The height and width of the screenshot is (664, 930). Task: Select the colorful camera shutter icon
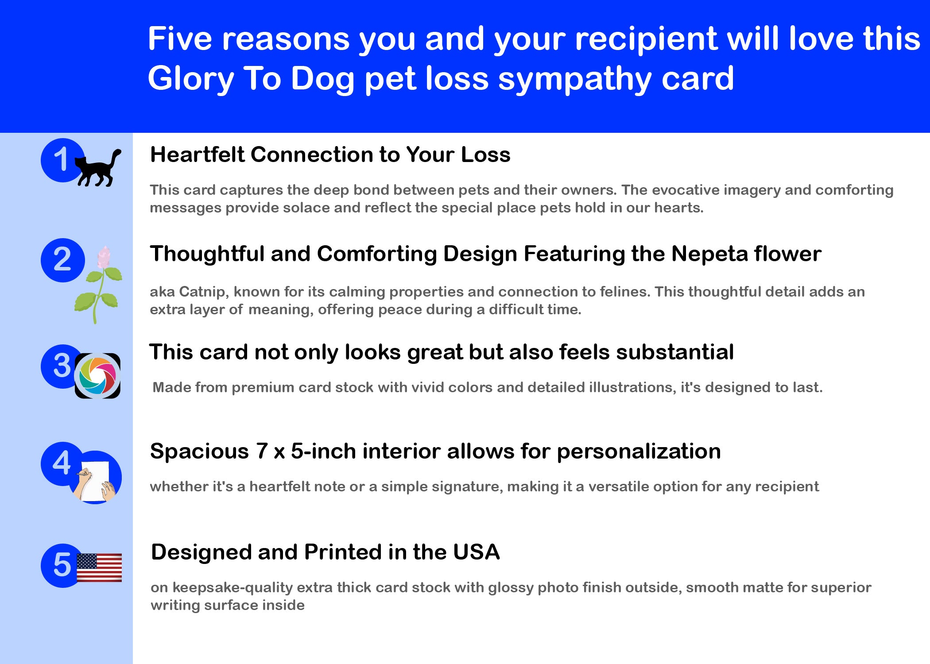(97, 376)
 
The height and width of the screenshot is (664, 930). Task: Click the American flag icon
(99, 567)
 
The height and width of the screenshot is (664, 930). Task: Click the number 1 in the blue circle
(61, 159)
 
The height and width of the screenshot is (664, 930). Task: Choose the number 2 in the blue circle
(62, 259)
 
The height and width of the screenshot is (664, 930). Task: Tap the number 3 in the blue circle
(62, 366)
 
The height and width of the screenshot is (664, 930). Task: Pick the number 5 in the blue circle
(62, 565)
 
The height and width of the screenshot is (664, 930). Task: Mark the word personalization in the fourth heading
(639, 452)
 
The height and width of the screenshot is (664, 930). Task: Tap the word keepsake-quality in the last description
(232, 588)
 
